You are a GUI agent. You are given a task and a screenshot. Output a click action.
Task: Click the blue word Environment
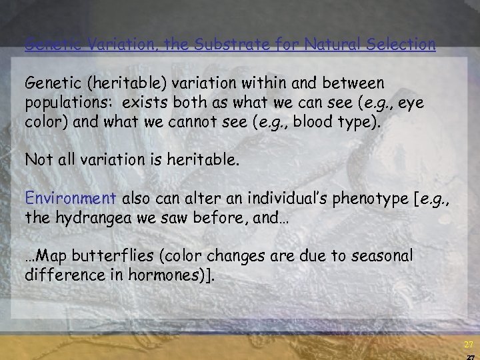tap(71, 198)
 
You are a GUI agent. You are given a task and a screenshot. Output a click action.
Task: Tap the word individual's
tap(266, 198)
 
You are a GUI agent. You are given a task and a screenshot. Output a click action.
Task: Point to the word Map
tap(47, 255)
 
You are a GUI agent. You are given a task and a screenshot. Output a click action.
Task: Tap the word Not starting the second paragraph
tap(36, 160)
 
